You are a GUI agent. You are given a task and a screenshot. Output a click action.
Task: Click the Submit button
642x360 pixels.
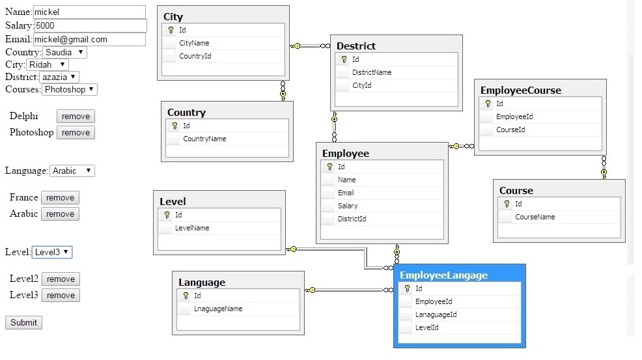(x=23, y=322)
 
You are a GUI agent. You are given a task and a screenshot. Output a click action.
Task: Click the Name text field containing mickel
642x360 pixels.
(x=89, y=12)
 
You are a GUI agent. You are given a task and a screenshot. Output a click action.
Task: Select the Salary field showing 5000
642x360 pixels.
(x=91, y=25)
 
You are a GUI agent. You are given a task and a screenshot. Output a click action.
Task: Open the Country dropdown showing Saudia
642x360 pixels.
(x=64, y=52)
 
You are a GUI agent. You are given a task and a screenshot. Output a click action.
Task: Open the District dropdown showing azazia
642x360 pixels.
(x=59, y=77)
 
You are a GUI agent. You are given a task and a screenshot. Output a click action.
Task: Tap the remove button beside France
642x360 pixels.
(x=60, y=197)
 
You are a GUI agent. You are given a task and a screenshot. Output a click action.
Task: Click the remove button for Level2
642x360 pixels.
(x=61, y=279)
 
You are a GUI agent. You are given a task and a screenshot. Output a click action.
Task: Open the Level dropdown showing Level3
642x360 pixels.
(x=52, y=252)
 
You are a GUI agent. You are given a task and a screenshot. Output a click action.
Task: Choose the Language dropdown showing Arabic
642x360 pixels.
(x=72, y=171)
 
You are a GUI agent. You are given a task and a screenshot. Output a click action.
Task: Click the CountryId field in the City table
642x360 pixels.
(x=195, y=56)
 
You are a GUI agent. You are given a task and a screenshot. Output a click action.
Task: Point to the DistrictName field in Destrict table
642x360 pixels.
(x=372, y=72)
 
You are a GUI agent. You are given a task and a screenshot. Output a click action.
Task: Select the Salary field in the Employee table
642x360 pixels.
(x=348, y=206)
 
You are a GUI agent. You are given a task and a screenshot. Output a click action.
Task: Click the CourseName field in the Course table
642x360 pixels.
(x=535, y=217)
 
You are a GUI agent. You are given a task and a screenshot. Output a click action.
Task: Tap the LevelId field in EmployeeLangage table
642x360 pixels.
(x=426, y=327)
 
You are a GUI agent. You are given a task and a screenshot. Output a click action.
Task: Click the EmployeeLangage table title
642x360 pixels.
(x=444, y=275)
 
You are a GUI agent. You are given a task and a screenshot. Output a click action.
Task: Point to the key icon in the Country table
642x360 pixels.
(x=175, y=126)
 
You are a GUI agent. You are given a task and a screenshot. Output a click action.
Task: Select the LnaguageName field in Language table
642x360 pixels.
(x=218, y=309)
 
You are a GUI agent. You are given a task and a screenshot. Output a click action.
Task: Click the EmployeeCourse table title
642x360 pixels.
(x=521, y=90)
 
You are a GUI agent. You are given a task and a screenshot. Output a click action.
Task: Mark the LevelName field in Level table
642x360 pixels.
(x=192, y=228)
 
